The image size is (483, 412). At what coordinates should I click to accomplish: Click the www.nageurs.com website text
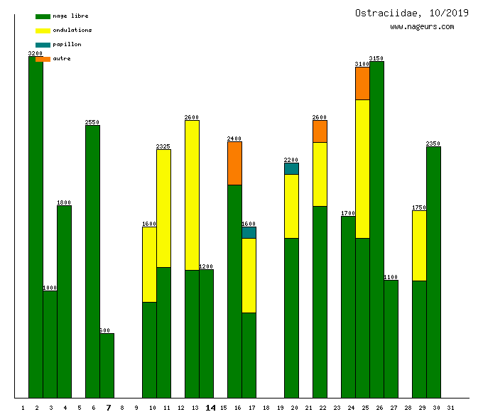[422, 27]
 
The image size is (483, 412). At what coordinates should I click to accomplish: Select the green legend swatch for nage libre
[43, 16]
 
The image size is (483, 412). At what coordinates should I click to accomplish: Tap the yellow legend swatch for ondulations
[43, 31]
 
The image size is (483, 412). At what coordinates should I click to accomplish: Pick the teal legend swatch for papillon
[43, 45]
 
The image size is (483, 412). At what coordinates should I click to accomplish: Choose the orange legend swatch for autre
[43, 59]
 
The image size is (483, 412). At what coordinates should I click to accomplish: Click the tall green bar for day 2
[36, 227]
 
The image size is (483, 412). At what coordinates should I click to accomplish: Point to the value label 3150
[376, 58]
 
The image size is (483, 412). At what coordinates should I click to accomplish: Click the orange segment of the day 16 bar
[234, 163]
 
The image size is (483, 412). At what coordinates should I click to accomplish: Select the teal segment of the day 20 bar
[291, 168]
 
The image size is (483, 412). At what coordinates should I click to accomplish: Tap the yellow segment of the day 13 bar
[192, 195]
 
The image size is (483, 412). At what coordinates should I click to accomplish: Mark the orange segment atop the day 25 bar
[362, 83]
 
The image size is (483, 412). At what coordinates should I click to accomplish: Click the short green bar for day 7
[107, 366]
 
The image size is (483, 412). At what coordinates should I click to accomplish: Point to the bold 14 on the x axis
[210, 408]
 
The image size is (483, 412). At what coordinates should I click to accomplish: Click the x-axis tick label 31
[451, 408]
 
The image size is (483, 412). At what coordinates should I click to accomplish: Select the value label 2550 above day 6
[92, 122]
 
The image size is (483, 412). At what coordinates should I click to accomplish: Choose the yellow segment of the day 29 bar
[419, 246]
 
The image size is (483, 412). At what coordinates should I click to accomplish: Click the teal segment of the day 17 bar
[249, 232]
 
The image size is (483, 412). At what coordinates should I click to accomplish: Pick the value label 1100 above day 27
[391, 277]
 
